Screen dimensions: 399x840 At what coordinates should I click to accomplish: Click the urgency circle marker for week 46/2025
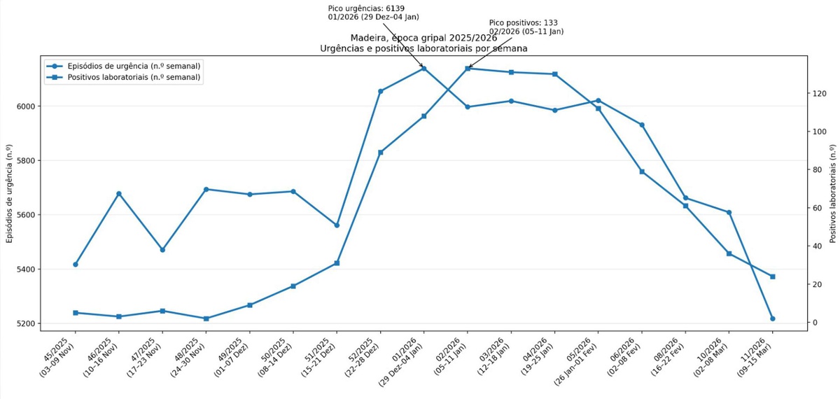point(119,194)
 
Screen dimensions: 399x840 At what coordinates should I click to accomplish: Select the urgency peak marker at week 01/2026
point(423,69)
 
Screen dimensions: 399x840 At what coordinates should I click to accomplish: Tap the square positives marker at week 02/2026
point(468,69)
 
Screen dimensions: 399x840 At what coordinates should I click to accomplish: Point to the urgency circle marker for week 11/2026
point(773,318)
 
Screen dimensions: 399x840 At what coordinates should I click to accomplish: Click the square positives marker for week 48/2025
point(206,318)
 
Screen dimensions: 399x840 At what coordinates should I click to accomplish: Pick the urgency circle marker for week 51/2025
point(337,225)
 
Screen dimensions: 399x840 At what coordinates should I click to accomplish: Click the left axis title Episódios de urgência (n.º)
point(10,192)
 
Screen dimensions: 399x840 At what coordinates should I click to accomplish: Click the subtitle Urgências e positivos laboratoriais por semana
point(423,49)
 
